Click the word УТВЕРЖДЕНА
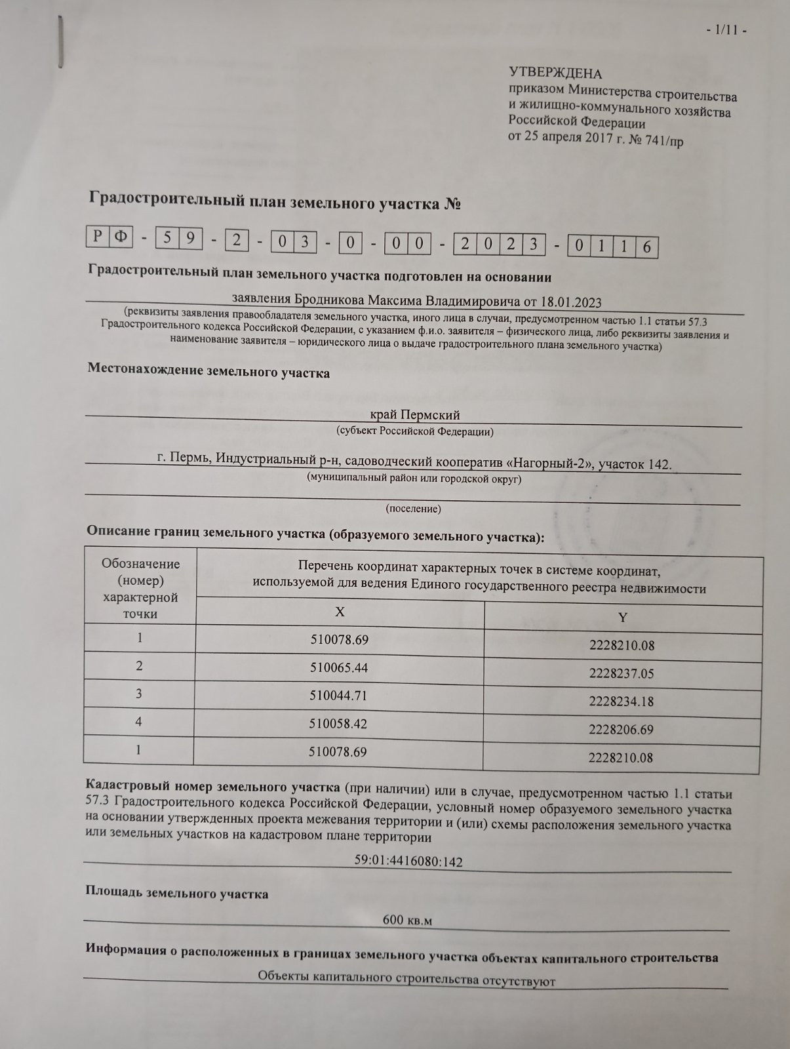click(555, 73)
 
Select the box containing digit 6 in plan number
click(646, 247)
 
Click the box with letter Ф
click(120, 236)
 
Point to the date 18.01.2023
click(569, 302)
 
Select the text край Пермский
click(415, 415)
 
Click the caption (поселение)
click(413, 509)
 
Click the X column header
click(340, 612)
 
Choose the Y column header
click(622, 618)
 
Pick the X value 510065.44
click(339, 667)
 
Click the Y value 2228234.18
click(621, 702)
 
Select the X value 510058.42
click(338, 724)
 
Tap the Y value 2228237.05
click(621, 674)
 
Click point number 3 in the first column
click(139, 694)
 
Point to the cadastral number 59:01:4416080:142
click(408, 861)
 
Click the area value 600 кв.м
click(407, 920)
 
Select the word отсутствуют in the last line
click(519, 981)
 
